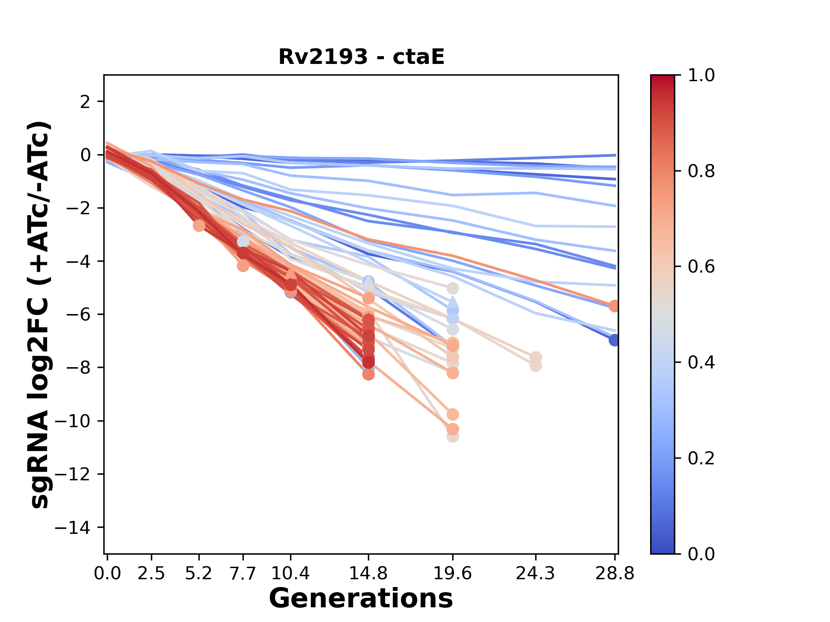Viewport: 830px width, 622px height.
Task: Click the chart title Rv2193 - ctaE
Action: pos(361,57)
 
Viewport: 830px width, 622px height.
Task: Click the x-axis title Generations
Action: pos(361,599)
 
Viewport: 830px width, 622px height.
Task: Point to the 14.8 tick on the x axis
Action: pos(368,574)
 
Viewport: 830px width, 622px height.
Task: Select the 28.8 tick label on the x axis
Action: pos(615,574)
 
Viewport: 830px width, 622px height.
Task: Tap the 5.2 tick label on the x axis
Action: pos(199,574)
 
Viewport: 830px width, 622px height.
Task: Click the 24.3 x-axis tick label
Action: pos(536,574)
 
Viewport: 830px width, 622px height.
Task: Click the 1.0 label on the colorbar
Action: pos(701,76)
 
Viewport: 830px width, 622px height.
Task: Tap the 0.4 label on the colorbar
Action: pos(701,362)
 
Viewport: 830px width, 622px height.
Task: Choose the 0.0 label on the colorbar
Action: pos(701,554)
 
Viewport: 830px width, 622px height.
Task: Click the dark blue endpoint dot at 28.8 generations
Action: pos(614,340)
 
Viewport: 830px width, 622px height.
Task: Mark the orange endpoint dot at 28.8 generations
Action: pos(614,306)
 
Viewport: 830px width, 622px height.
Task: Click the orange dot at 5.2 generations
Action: pos(199,225)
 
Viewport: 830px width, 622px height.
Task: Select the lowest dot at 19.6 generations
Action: pos(453,437)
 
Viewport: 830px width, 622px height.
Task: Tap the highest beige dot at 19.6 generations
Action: pos(453,288)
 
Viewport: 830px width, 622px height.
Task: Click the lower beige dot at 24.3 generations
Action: pos(536,366)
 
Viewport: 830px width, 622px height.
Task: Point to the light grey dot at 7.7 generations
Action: pos(243,241)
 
